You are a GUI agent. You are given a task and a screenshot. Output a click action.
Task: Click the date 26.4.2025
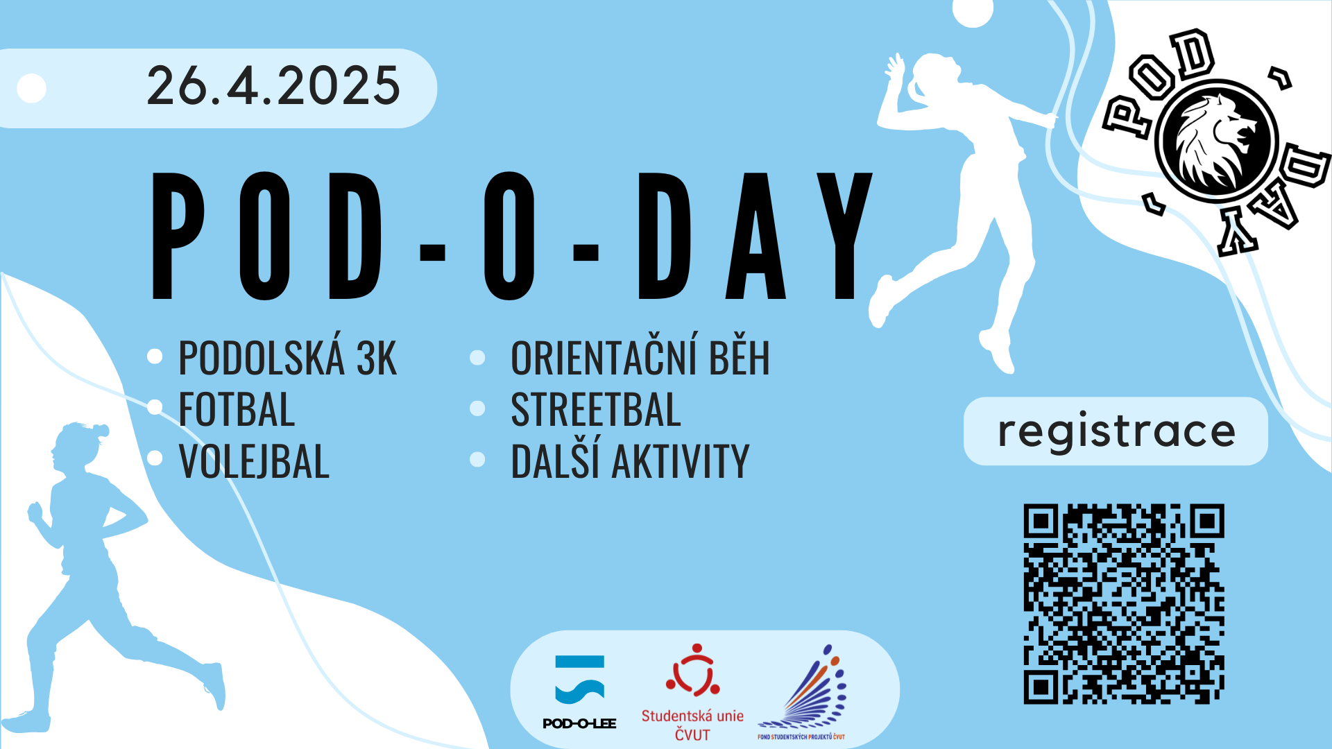273,86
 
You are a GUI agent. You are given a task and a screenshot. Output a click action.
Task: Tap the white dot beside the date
31,88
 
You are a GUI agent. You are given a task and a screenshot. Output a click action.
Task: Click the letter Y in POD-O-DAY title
844,236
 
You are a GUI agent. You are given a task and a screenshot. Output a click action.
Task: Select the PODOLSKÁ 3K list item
287,357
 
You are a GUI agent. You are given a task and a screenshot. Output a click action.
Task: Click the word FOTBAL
237,409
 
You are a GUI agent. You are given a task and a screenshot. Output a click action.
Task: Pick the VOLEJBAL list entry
254,460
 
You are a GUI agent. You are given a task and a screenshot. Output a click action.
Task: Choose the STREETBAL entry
596,409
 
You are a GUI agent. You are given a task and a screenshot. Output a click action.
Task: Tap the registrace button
1116,431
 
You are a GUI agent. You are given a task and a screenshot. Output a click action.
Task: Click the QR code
1124,604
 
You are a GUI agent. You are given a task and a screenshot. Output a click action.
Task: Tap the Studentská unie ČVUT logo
692,693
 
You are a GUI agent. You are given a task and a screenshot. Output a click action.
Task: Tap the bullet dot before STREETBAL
477,408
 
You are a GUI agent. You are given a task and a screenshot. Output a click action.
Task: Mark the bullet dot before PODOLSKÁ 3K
155,356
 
